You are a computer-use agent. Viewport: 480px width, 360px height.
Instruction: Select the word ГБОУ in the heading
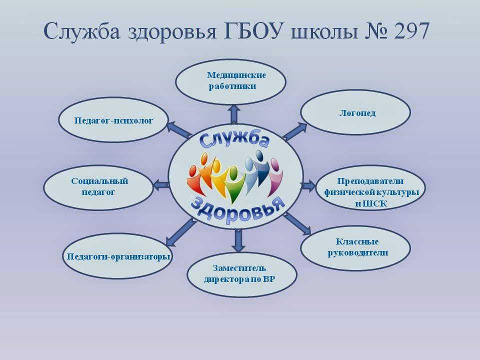coord(253,30)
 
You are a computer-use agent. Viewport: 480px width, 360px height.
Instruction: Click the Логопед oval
coord(355,112)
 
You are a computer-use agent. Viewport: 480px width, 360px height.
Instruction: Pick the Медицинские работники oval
coord(231,82)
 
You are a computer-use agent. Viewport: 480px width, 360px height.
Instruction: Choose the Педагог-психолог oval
coord(113,119)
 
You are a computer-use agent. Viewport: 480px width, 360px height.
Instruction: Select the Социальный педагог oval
coord(98,187)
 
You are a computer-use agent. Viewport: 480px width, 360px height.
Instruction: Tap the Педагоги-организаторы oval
coord(118,256)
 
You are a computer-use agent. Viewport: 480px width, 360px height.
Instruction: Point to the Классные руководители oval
coord(355,248)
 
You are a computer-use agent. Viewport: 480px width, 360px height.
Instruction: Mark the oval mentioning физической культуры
coord(370,187)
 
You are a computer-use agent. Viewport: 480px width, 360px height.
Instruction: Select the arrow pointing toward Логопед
coord(294,131)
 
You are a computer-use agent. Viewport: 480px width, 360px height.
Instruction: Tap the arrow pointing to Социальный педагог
coord(161,185)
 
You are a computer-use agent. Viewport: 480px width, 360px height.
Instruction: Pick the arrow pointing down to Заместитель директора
coord(238,240)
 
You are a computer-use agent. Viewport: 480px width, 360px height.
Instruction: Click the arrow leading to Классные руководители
coord(297,223)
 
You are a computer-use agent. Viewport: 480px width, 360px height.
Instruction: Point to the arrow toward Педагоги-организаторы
coord(180,231)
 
